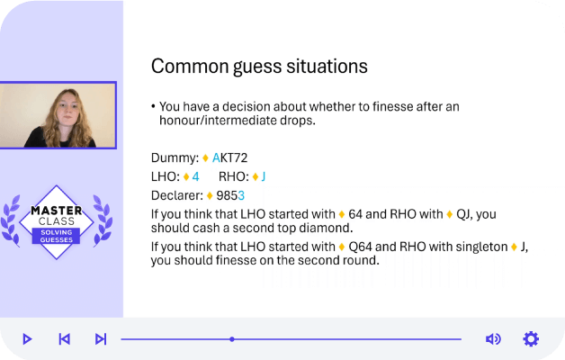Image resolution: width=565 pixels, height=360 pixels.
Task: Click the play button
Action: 27,339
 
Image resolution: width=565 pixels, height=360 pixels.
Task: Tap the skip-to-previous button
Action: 64,339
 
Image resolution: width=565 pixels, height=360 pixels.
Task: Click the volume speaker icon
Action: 493,339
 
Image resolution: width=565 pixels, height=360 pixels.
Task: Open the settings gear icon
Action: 531,339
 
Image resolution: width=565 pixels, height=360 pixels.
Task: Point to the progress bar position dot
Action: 232,339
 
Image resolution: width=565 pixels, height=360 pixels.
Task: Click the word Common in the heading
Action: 190,67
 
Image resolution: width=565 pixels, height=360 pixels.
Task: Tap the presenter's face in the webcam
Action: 67,107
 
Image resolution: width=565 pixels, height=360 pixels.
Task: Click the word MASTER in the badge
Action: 57,210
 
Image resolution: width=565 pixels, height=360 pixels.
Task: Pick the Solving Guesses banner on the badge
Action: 56,236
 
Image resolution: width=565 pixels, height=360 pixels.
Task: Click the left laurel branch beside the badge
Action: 11,220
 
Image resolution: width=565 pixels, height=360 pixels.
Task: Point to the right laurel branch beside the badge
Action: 103,220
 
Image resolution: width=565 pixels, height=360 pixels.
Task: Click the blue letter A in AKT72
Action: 216,157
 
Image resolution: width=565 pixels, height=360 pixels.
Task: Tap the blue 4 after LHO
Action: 195,176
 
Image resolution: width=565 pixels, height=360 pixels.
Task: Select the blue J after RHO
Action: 264,176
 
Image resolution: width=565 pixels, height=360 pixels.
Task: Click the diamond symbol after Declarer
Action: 210,195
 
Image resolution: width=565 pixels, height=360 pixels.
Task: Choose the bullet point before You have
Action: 153,106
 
